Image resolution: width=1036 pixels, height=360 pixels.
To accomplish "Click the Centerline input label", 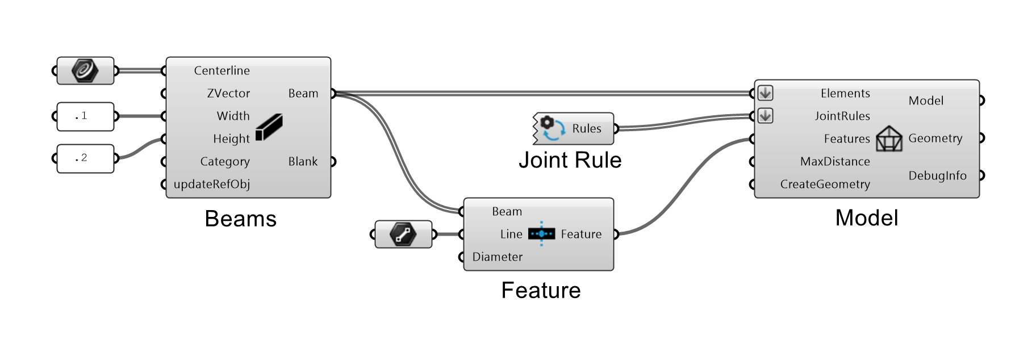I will coord(222,70).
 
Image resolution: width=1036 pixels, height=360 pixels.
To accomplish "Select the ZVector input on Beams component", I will coord(228,93).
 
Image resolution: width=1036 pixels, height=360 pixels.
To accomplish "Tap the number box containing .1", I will coord(85,116).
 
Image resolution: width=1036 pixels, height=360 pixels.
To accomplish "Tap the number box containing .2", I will coord(85,158).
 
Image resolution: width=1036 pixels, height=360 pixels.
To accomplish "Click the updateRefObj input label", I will coord(211,184).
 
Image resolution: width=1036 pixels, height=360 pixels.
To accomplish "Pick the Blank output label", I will coord(303,161).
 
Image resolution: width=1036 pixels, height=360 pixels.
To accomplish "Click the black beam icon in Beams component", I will coord(269,127).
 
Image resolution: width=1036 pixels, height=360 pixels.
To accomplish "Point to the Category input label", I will coord(225,161).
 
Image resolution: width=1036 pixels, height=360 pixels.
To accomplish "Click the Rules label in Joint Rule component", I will coord(587,128).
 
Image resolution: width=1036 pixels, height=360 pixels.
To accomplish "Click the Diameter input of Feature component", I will coord(497,257).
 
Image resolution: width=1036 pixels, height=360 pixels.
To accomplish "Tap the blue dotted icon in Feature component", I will coord(541,233).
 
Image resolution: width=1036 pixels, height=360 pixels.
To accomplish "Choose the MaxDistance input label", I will coord(835,161).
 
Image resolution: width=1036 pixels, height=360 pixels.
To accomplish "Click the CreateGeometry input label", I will coord(825,184).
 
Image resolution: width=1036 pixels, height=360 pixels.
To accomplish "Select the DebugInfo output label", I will coord(937,175).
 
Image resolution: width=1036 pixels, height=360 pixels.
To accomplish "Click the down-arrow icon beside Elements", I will coord(765,93).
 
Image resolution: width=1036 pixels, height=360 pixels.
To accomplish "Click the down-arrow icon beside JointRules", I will coord(765,116).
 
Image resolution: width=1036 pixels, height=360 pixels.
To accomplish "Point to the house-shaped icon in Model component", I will coord(889,139).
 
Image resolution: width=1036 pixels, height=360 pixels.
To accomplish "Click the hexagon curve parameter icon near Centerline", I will coord(85,71).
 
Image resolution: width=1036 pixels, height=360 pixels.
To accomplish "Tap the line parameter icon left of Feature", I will coord(403,234).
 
